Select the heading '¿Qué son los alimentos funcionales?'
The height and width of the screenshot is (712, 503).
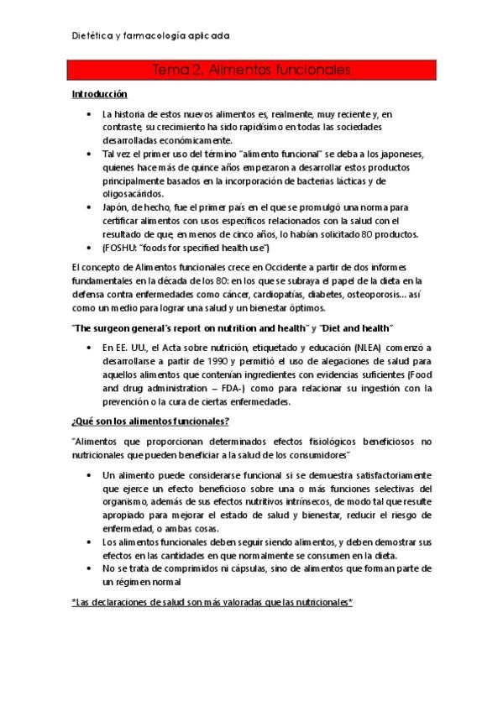(x=152, y=421)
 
